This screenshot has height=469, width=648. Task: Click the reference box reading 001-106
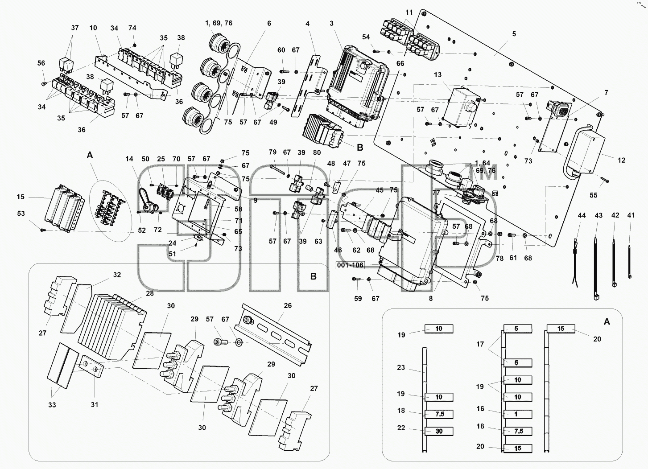pos(350,265)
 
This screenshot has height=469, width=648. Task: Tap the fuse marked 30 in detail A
pos(438,431)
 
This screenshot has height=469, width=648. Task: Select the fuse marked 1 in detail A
pos(517,414)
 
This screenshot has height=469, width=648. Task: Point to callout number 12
pos(621,160)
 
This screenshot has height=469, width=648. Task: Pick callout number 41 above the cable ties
pos(631,215)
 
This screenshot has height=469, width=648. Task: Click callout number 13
pos(438,75)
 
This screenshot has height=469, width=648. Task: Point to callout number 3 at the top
pos(331,23)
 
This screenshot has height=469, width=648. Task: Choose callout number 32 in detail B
pos(117,275)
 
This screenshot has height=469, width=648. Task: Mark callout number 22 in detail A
pos(401,428)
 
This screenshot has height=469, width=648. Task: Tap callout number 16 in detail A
pos(480,408)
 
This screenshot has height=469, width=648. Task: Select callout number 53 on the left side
pos(21,214)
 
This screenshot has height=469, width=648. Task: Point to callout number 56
pos(41,63)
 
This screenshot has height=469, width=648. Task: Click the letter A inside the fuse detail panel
pos(607,321)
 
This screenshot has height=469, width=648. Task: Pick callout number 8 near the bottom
pos(431,299)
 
